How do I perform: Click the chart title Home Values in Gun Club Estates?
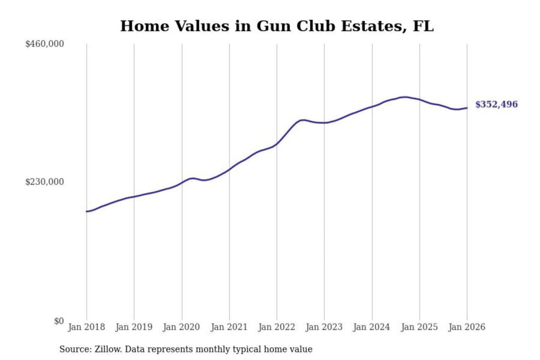277,26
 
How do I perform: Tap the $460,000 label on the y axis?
45,44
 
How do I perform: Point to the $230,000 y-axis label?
45,182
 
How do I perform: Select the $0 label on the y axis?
59,321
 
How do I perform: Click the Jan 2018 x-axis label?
86,327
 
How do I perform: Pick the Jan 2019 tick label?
134,327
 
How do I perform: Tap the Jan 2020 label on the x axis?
181,327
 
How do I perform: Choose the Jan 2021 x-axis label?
229,327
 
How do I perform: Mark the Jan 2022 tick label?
277,327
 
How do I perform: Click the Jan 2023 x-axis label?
324,327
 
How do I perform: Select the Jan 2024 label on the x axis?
372,327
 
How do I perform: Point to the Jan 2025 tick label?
419,327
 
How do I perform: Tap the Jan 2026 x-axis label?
467,327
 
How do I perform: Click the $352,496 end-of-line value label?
496,104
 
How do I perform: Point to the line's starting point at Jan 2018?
87,211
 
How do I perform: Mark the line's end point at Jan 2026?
467,108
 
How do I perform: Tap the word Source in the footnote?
75,349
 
